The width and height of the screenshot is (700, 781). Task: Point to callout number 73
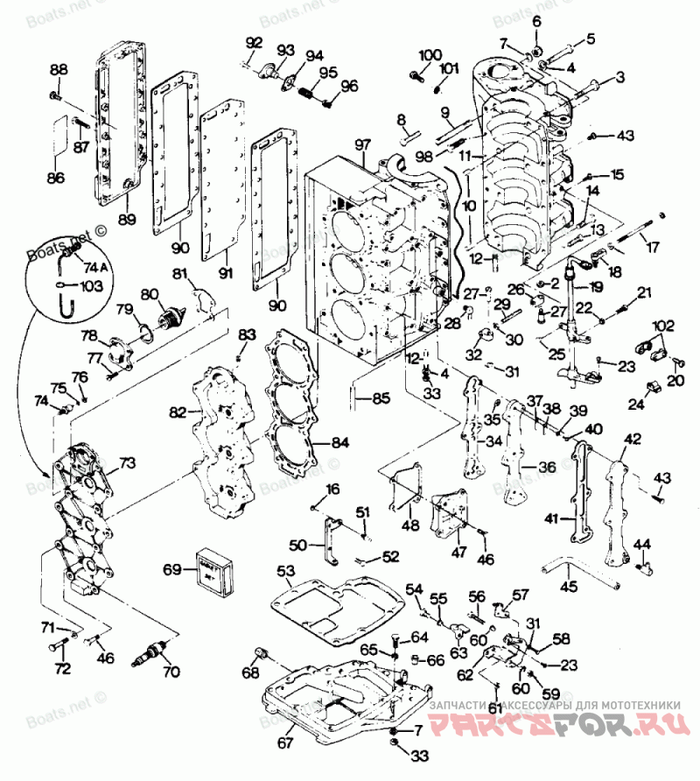[x=128, y=461]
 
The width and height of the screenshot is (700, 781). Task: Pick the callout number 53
[x=286, y=572]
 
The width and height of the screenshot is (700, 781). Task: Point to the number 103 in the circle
[x=92, y=285]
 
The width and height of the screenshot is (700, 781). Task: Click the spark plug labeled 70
[x=157, y=651]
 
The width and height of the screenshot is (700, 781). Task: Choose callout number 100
[x=430, y=56]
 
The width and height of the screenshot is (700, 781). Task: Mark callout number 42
[x=632, y=439]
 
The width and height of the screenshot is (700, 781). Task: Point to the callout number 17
[x=652, y=247]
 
